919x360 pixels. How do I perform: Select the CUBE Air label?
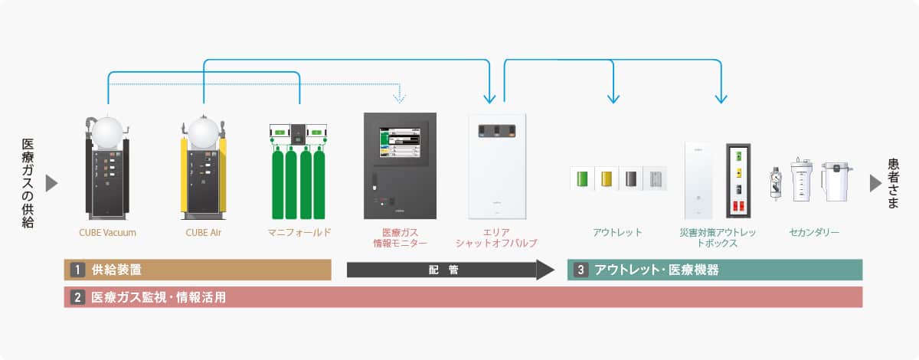pos(203,231)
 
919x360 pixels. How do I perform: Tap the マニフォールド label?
pos(299,231)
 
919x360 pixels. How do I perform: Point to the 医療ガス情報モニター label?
pos(399,237)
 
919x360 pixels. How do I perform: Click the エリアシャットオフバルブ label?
pos(496,237)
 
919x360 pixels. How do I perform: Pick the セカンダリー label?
pos(813,231)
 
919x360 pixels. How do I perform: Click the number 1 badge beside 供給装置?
pos(77,270)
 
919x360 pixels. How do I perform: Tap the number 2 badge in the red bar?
pos(77,297)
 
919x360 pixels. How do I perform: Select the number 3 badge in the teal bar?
pos(581,270)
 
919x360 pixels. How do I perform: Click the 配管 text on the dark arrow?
pos(443,270)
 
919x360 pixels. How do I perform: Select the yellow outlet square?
pos(607,179)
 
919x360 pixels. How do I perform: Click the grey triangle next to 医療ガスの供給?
pos(52,183)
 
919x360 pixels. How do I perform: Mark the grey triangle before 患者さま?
pos(875,183)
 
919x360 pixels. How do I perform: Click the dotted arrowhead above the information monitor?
pos(399,97)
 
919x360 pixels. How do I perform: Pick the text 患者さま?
pos(894,183)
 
